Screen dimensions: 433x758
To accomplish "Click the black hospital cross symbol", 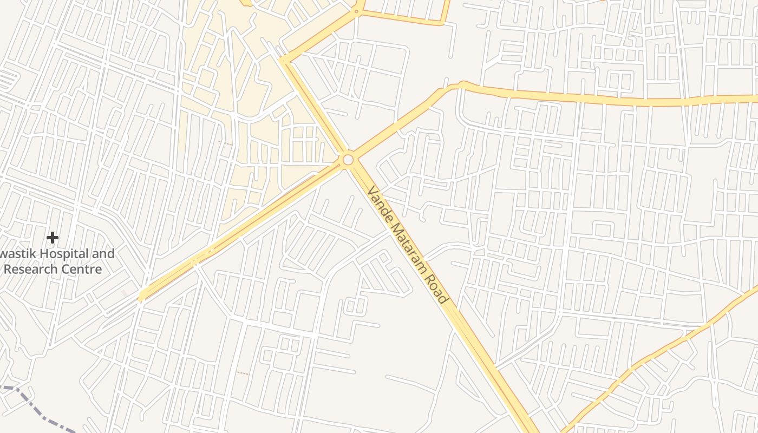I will [x=53, y=237].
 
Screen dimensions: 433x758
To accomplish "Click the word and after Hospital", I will [x=102, y=253].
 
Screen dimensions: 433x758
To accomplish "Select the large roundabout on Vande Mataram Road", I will [x=348, y=160].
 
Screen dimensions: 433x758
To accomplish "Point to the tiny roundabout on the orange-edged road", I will [x=356, y=11].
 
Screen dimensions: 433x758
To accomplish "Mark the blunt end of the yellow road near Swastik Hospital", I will [x=141, y=296].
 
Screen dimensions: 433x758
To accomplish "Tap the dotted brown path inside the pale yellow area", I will [x=225, y=143].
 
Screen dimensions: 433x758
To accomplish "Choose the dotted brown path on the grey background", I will [x=242, y=373].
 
